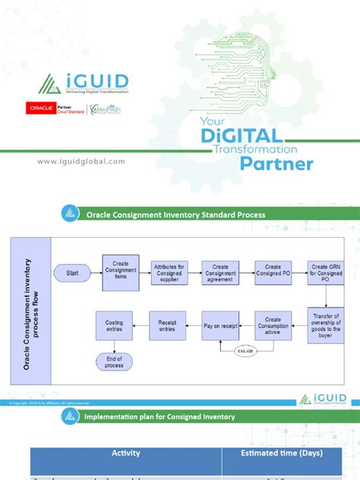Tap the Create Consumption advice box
[273, 325]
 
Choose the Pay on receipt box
[220, 325]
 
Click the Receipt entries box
[167, 325]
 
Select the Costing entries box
[114, 325]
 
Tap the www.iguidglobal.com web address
[80, 161]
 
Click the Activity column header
[125, 453]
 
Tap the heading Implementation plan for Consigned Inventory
[170, 416]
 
